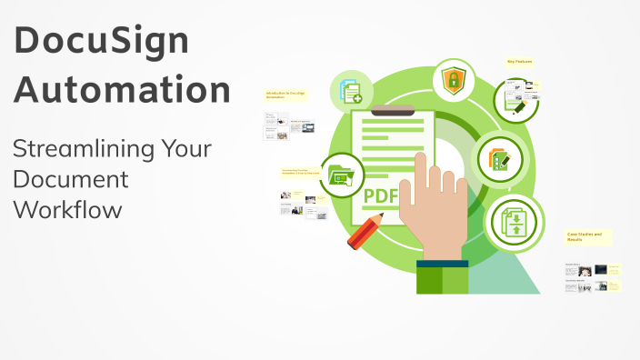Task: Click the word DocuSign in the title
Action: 102,41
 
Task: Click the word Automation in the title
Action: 123,90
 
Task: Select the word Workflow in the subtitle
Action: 67,210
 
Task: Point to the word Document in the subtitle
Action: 70,179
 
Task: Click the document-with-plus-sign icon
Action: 350,91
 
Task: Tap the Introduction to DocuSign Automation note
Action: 285,95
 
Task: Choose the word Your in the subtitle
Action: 187,148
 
